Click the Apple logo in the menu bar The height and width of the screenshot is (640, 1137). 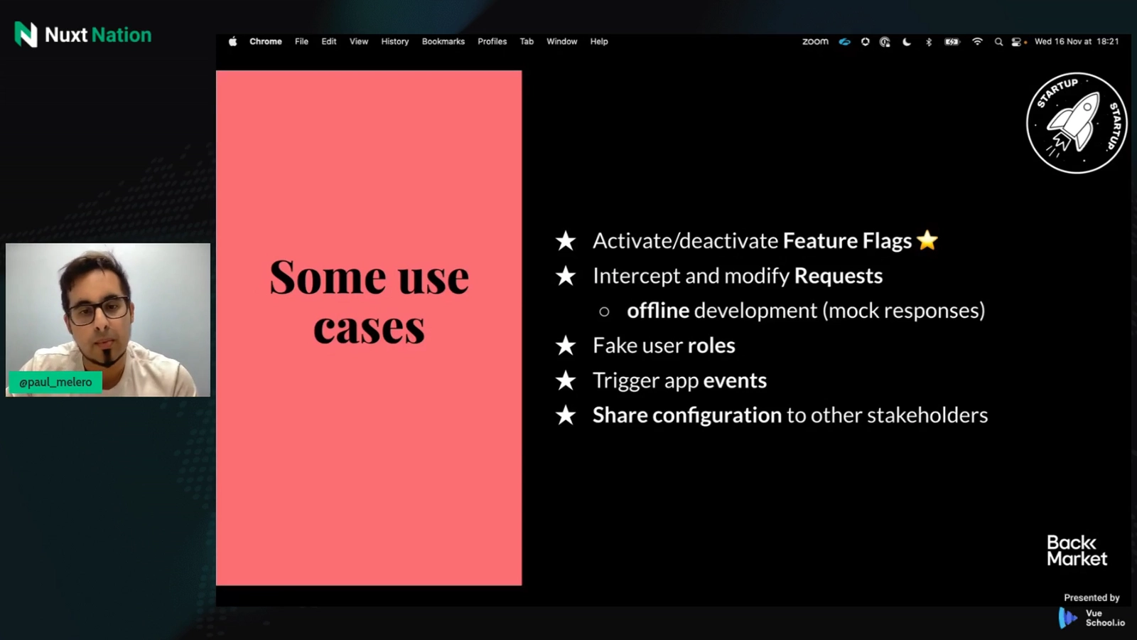(232, 41)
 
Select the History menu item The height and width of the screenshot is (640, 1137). (395, 42)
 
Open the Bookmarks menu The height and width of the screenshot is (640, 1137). (443, 42)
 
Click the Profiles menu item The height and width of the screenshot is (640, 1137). (492, 42)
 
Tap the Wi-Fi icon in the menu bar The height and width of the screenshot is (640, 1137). (977, 42)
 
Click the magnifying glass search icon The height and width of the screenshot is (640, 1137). (998, 42)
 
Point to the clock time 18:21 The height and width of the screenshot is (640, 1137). (1108, 42)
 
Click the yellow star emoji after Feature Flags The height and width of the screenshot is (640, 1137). (927, 240)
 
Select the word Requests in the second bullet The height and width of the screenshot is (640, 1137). (838, 276)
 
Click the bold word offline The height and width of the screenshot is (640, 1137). (658, 310)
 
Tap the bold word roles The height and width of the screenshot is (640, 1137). (711, 346)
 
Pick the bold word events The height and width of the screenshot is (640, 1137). (735, 380)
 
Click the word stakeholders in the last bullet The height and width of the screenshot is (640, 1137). (927, 415)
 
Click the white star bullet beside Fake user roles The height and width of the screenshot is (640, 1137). (566, 346)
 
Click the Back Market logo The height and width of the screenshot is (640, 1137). (1077, 550)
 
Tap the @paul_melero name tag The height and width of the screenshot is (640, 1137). (55, 383)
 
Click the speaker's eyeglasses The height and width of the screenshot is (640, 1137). (98, 309)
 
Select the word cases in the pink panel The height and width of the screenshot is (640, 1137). (369, 328)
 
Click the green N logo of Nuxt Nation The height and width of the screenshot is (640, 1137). (26, 35)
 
